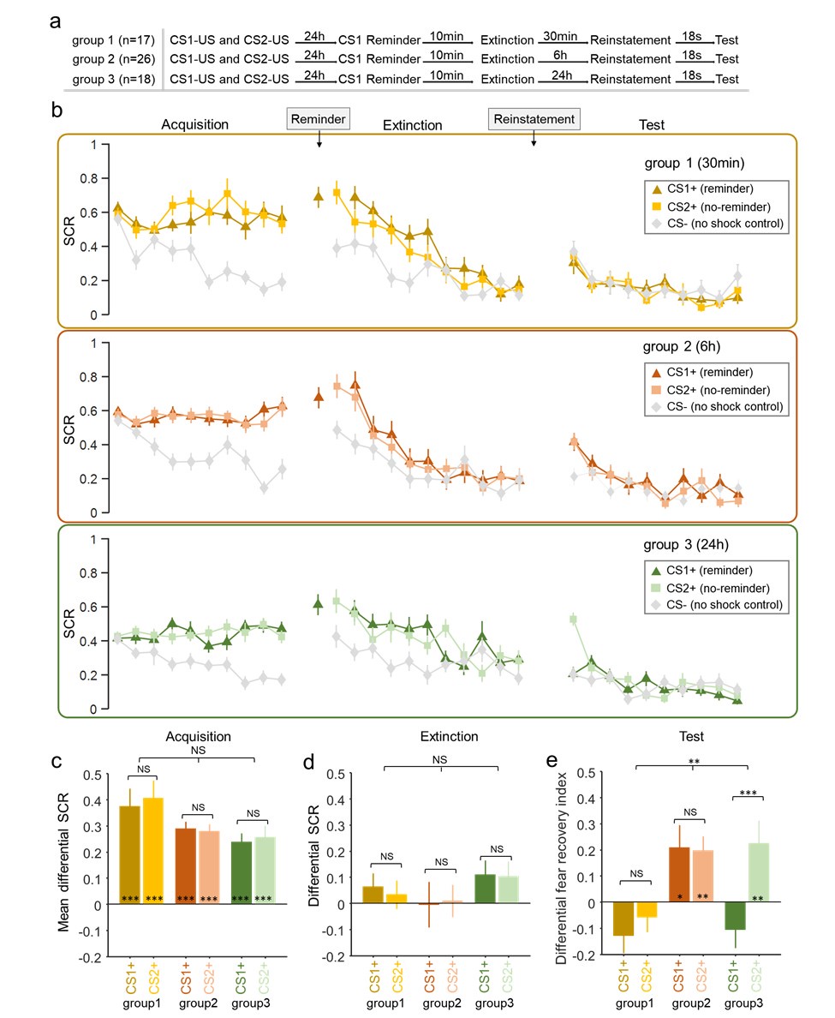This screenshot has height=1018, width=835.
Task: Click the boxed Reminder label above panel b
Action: tap(319, 118)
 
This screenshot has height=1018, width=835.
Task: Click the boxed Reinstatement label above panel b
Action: tap(533, 118)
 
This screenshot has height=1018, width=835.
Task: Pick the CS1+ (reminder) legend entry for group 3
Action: tap(707, 570)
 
